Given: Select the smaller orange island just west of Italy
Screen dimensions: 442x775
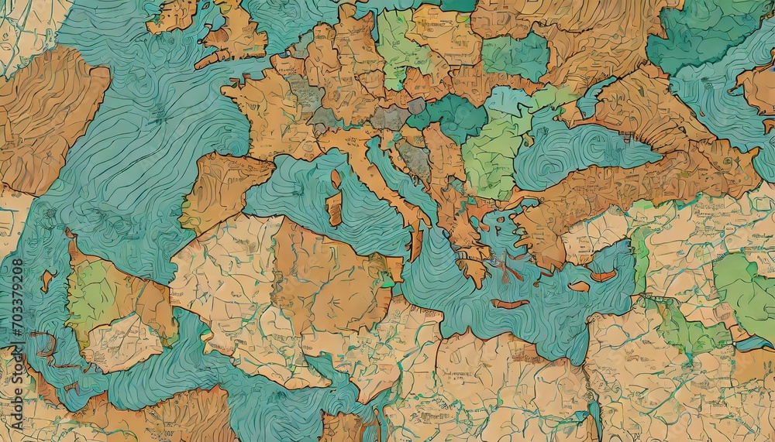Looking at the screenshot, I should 336,180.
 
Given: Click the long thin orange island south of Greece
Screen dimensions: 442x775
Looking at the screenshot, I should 509,303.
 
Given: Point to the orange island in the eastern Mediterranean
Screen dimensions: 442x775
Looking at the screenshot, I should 603,276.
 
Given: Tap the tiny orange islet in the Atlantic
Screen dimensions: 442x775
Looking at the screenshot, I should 46,279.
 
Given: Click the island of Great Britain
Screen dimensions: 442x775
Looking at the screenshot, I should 236,35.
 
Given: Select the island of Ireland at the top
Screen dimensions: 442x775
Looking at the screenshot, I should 173,15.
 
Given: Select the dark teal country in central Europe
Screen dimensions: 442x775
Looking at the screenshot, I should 453,116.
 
